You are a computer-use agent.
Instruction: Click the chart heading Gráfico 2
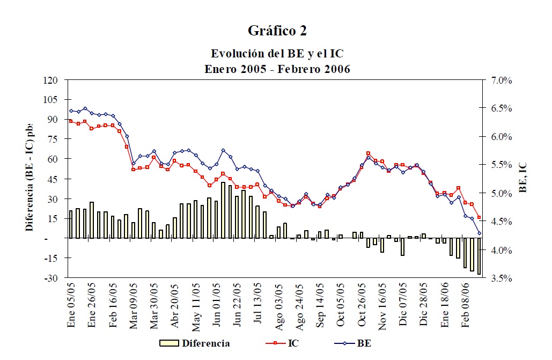(x=277, y=31)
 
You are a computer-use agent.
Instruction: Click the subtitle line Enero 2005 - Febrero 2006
(x=277, y=69)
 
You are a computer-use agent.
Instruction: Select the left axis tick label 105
(x=49, y=100)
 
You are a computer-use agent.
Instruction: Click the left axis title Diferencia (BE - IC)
(x=30, y=177)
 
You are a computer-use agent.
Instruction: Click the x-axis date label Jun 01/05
(x=217, y=305)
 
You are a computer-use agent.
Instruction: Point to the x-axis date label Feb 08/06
(x=467, y=305)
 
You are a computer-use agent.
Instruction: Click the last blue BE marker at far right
(x=479, y=233)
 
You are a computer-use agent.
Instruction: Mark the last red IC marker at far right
(x=479, y=217)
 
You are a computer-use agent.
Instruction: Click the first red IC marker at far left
(x=71, y=121)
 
